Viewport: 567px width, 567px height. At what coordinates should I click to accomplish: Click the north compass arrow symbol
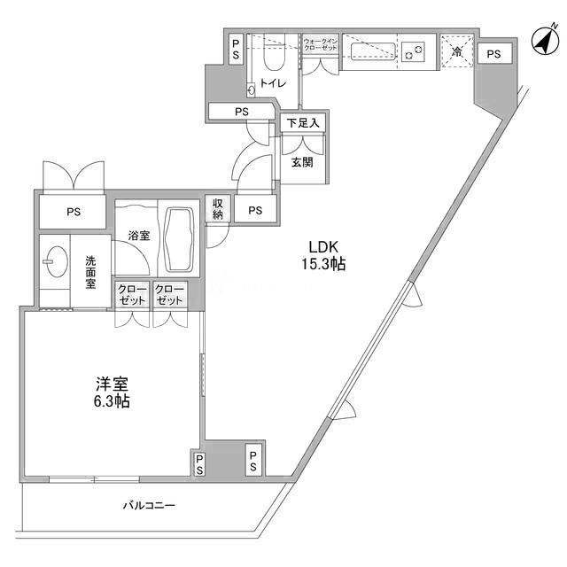point(546,41)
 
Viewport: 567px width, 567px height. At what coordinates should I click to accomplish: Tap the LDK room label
point(323,247)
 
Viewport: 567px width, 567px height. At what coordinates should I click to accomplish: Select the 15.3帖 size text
point(323,264)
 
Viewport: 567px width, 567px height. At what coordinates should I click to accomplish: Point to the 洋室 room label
point(113,384)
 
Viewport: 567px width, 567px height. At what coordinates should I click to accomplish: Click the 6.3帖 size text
point(113,401)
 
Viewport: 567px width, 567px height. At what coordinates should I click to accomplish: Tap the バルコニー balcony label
point(149,505)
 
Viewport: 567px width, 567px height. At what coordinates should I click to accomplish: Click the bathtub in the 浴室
point(179,239)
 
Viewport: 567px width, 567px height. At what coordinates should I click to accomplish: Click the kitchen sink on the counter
point(372,51)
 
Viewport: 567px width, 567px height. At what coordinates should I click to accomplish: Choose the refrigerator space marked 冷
point(457,51)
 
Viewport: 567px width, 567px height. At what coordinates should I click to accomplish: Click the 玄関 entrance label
point(302,162)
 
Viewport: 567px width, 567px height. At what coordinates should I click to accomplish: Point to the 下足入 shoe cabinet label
point(303,123)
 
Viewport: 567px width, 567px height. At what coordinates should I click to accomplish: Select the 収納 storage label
point(218,209)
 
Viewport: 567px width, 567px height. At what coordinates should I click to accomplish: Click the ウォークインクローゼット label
point(321,44)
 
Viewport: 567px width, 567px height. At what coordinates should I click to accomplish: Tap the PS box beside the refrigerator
point(494,54)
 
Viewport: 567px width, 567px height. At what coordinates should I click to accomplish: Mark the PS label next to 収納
point(255,210)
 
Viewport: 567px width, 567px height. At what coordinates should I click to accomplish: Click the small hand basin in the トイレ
point(252,89)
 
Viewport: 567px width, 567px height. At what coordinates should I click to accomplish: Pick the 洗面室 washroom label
point(90,272)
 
